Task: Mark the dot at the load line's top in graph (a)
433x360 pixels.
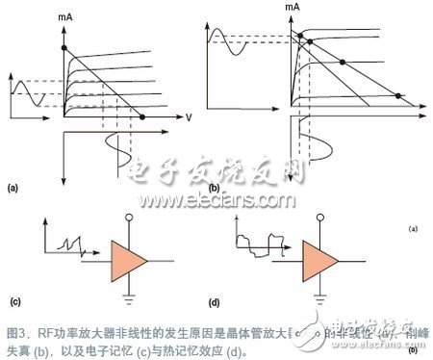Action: [x=64, y=47]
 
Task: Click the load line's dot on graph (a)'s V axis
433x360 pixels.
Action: [x=143, y=116]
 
